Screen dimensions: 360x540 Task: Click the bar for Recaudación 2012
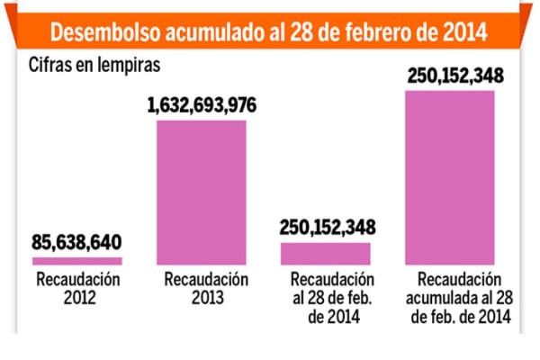[77, 261]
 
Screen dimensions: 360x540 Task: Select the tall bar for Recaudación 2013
[202, 192]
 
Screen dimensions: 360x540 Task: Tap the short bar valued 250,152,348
[325, 254]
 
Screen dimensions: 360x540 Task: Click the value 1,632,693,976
[202, 106]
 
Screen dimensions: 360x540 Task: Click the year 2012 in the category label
[77, 297]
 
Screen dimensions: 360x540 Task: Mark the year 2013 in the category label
[202, 297]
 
